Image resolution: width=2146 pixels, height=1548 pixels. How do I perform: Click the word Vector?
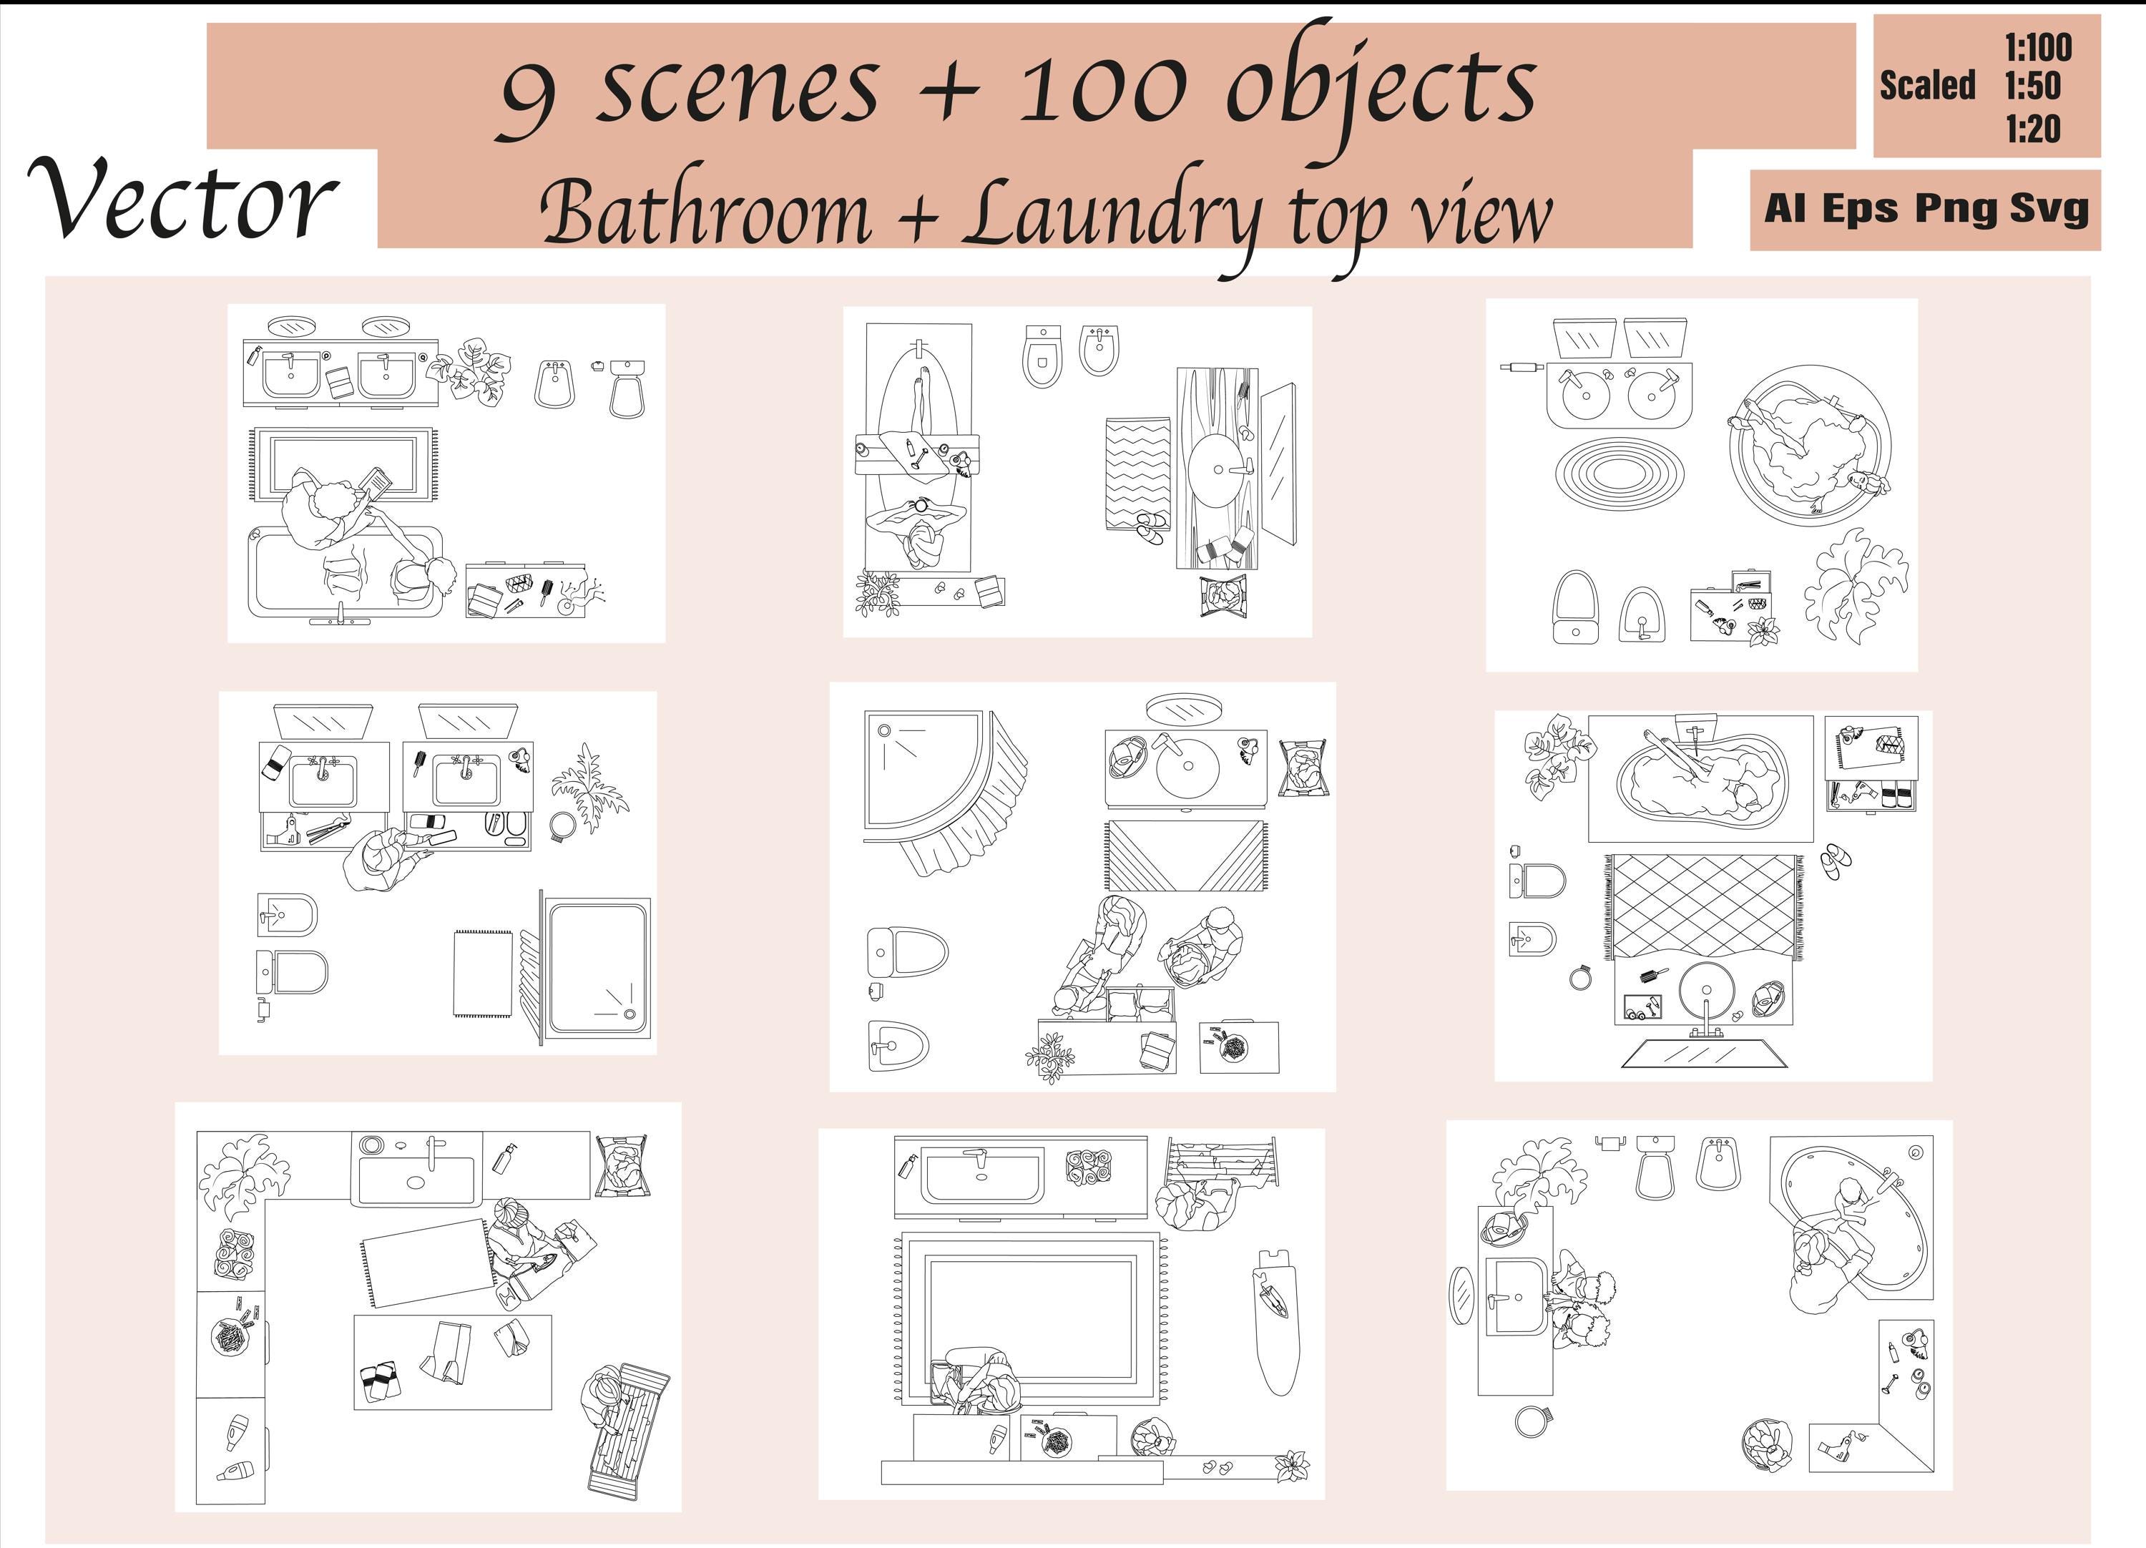tap(182, 200)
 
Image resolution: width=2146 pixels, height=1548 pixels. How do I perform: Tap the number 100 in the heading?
tap(1102, 90)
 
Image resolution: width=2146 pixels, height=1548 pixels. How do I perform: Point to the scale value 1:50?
tap(2032, 86)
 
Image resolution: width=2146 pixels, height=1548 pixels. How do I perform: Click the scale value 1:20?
tap(2032, 129)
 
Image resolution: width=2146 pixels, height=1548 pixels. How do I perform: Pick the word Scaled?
tap(1927, 86)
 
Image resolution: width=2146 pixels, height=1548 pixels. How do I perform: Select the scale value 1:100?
tap(2038, 47)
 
